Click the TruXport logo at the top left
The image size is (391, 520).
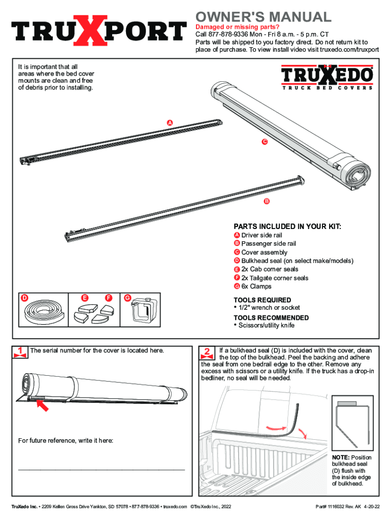pyautogui.click(x=99, y=30)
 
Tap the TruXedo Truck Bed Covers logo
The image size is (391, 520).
pyautogui.click(x=328, y=77)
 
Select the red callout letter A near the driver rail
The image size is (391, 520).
pyautogui.click(x=170, y=123)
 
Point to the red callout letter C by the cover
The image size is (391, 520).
pyautogui.click(x=265, y=142)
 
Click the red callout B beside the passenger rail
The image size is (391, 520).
pyautogui.click(x=267, y=201)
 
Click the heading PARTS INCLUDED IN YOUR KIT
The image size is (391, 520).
pyautogui.click(x=287, y=226)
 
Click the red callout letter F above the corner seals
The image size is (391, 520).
pyautogui.click(x=109, y=298)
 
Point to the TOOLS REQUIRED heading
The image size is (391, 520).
pyautogui.click(x=263, y=300)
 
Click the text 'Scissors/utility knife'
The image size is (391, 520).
pyautogui.click(x=266, y=326)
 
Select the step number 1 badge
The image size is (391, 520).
pyautogui.click(x=20, y=352)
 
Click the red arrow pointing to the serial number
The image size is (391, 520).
pyautogui.click(x=42, y=405)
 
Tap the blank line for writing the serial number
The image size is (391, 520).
pyautogui.click(x=102, y=470)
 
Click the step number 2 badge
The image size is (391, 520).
pyautogui.click(x=207, y=353)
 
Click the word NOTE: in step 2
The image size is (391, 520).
pyautogui.click(x=341, y=458)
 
